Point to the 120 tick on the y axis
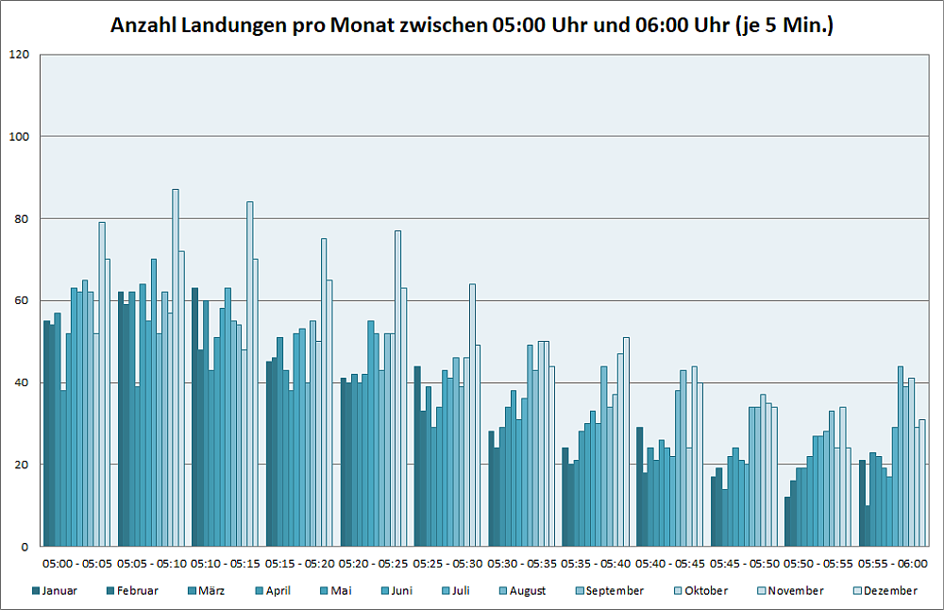20,55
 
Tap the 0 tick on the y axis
26,547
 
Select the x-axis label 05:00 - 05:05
76,564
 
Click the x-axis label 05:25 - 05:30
447,564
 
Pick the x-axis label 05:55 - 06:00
893,564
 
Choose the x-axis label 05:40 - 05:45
670,564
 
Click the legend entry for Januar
55,591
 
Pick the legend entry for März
205,591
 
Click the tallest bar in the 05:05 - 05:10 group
176,368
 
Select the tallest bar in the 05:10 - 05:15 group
250,374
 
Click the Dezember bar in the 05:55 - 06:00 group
922,483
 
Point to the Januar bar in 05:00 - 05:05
46,433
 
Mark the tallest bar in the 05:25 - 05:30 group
473,415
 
